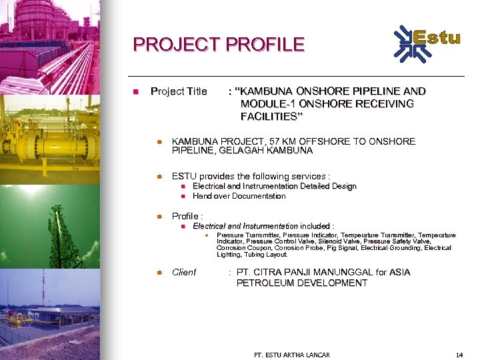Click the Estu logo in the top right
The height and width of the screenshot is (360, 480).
[x=427, y=41]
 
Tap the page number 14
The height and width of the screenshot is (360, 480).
[x=459, y=355]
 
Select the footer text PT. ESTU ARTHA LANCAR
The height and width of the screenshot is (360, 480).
[x=292, y=355]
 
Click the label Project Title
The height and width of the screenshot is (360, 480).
[x=179, y=91]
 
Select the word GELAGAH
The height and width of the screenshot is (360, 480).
[x=240, y=151]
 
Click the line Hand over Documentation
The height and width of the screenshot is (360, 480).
[x=239, y=196]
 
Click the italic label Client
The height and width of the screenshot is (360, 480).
[x=184, y=272]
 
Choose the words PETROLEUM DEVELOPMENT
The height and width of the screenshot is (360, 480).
[x=301, y=283]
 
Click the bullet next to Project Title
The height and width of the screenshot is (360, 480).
[x=135, y=91]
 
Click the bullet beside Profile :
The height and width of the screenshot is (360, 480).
[x=159, y=217]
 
